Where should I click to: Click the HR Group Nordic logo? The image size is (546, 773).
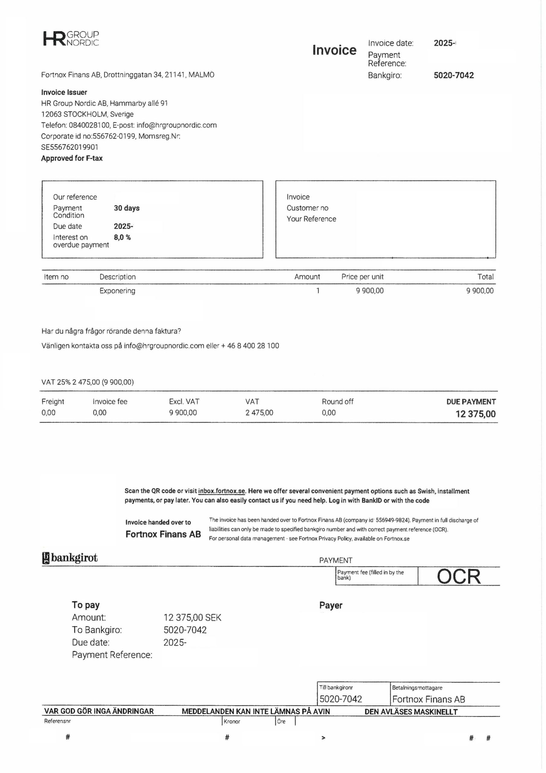tap(71, 38)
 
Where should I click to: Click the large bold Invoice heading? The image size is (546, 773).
tap(334, 50)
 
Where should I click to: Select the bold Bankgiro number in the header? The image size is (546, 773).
tap(453, 75)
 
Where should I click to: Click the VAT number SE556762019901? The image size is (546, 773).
tap(70, 147)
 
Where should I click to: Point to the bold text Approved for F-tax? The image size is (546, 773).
tap(72, 158)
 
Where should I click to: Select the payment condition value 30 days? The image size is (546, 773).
tap(126, 208)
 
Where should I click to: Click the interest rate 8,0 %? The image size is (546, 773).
tap(122, 237)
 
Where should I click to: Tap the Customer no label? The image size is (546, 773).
tap(307, 208)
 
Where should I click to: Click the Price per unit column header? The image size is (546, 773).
tap(362, 277)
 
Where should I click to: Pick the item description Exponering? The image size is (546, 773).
tap(117, 291)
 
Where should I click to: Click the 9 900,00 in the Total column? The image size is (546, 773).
tap(480, 291)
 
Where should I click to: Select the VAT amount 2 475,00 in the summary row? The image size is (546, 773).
tap(259, 413)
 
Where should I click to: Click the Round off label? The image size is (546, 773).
tap(337, 402)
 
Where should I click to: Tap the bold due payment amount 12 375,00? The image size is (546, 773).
tap(475, 414)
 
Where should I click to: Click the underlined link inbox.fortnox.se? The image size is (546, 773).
tap(222, 491)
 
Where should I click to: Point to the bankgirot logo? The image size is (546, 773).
tap(70, 558)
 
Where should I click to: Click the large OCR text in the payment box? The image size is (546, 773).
tap(458, 577)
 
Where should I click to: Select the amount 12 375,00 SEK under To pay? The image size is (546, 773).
tap(192, 617)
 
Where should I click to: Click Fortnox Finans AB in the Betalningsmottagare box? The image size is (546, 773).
tap(428, 699)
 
